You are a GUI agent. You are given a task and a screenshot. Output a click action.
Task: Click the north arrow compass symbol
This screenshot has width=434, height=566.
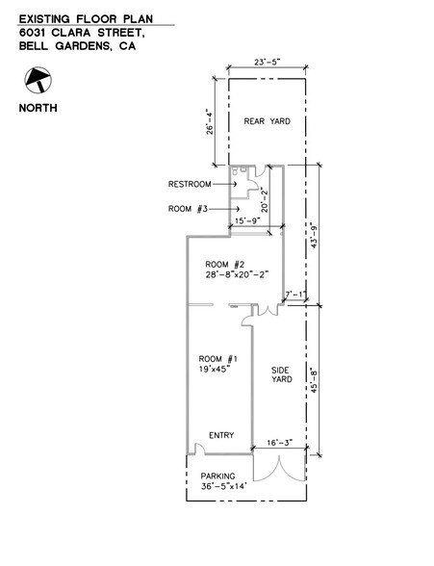click(38, 80)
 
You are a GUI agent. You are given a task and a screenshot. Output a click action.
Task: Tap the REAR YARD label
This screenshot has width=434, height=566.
click(267, 121)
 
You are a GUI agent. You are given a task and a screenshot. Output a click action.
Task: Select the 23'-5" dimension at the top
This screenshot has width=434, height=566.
click(267, 62)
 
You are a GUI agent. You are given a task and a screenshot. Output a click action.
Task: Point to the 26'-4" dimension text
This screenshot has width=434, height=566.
click(210, 121)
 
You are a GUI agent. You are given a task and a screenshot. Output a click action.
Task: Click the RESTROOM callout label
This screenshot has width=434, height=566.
click(190, 184)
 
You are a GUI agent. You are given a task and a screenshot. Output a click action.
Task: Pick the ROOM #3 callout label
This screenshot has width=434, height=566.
click(188, 209)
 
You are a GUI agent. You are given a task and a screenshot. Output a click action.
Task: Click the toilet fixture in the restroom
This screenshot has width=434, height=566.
click(235, 170)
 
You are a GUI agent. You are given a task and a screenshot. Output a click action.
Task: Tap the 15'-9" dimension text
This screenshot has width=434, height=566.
click(247, 221)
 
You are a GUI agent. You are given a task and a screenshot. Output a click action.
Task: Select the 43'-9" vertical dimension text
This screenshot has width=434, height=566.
click(314, 237)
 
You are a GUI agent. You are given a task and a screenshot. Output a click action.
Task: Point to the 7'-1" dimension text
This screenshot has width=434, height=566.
click(295, 295)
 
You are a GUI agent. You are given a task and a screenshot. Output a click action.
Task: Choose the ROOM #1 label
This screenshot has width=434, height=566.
click(218, 359)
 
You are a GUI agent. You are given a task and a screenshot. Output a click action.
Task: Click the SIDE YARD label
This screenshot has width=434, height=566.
click(281, 374)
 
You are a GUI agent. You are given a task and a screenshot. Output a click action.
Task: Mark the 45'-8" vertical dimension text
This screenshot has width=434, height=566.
click(314, 379)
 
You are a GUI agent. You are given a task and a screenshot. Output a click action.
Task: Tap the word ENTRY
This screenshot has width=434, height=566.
click(221, 435)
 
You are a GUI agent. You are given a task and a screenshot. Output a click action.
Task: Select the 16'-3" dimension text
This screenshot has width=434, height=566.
click(280, 443)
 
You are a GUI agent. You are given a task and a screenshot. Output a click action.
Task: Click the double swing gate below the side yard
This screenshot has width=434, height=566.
click(280, 468)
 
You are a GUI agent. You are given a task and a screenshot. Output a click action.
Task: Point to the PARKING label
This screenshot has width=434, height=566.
click(217, 476)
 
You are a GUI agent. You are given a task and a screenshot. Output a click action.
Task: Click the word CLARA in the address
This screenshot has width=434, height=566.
click(70, 33)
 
